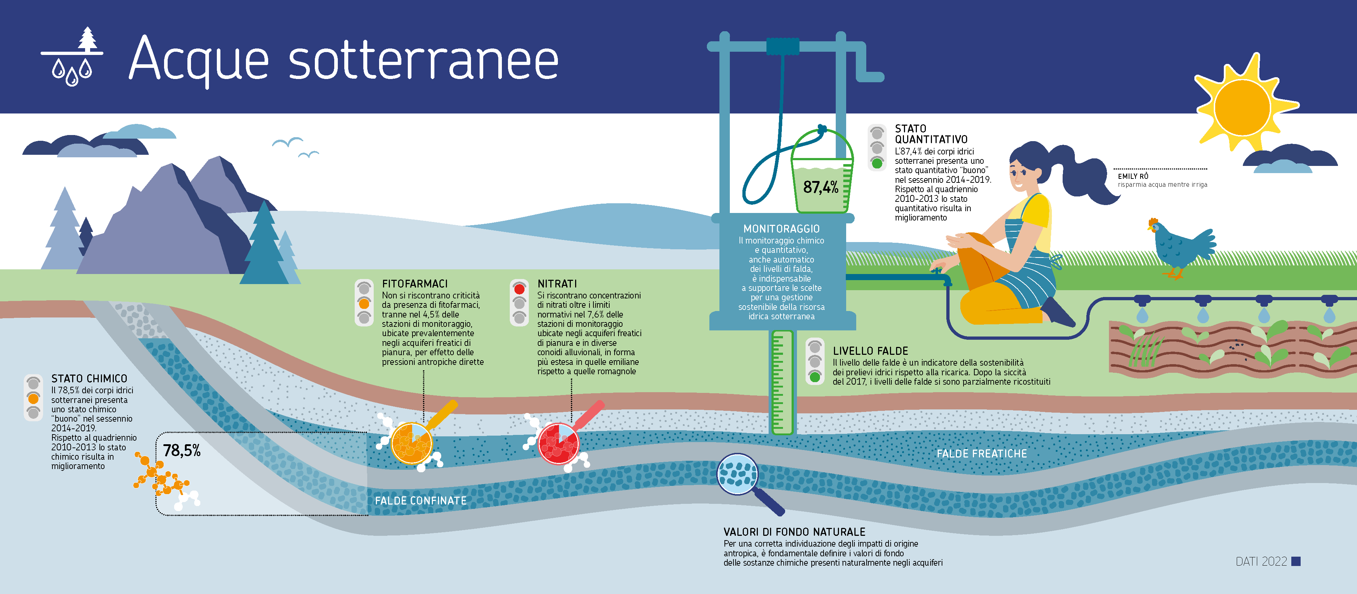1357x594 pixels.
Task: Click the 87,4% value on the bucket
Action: (x=820, y=187)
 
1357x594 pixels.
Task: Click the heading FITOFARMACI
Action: (x=415, y=284)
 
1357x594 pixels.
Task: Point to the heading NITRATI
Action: (x=557, y=284)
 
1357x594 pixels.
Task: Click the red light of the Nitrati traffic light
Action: (x=519, y=289)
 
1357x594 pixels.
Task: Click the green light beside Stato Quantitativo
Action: (x=877, y=163)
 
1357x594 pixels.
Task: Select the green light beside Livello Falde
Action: (x=815, y=377)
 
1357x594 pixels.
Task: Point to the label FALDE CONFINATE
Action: (x=420, y=500)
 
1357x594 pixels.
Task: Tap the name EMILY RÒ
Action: (x=1133, y=176)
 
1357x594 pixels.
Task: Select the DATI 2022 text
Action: (x=1261, y=561)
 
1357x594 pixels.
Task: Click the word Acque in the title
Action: (x=199, y=59)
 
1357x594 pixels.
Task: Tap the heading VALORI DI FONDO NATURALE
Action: (x=794, y=532)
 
